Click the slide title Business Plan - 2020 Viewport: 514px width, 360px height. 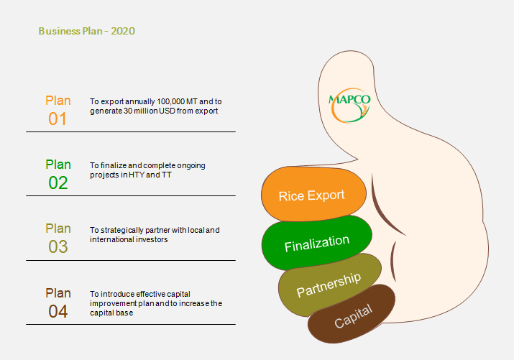[87, 31]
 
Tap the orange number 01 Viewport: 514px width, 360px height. [58, 119]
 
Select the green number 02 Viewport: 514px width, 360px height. [58, 183]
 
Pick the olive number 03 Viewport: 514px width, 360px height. [58, 246]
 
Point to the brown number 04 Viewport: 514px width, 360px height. [58, 311]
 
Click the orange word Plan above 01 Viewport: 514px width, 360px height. [58, 101]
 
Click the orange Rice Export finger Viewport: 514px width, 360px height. [313, 194]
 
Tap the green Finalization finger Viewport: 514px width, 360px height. [316, 243]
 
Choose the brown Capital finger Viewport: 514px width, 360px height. [352, 315]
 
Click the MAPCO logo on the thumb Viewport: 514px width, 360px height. [350, 105]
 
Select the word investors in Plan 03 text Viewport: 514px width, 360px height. [152, 239]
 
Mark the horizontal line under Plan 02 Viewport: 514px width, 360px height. [131, 196]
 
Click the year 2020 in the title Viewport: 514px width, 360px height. [123, 31]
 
